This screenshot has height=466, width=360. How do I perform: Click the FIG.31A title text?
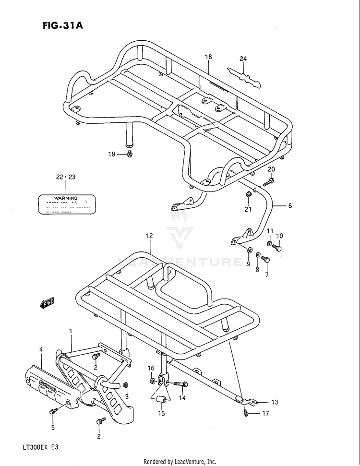(63, 25)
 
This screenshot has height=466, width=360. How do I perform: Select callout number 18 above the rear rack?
(208, 57)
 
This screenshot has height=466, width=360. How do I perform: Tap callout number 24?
(243, 59)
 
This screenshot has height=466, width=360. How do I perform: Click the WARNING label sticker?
(65, 204)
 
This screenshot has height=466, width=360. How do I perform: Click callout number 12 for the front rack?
(149, 236)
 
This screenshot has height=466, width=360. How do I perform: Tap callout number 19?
(111, 154)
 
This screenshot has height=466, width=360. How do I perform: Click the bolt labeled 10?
(276, 248)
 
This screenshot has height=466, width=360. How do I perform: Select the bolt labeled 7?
(267, 260)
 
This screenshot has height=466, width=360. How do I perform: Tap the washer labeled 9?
(249, 250)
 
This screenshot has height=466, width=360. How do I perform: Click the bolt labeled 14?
(180, 384)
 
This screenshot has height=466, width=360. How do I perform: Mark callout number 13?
(274, 402)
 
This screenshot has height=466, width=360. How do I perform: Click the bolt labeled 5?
(54, 411)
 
